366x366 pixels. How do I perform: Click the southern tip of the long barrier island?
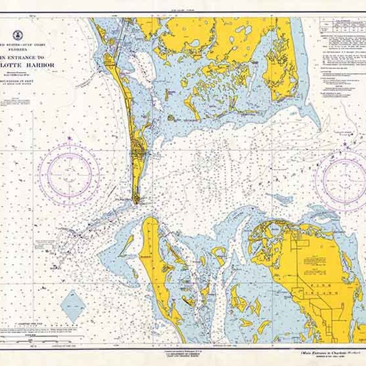(x=138, y=200)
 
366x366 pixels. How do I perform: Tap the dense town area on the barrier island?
(x=139, y=149)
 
